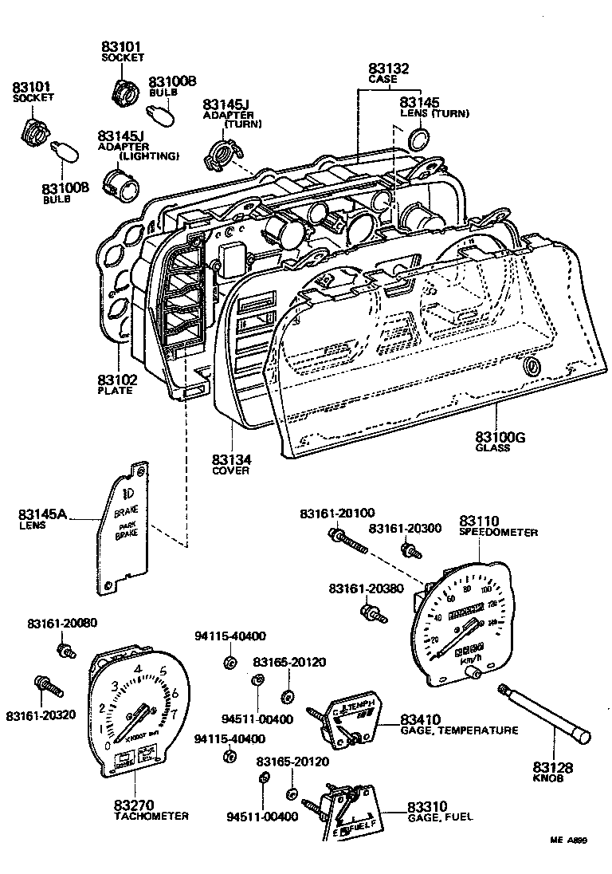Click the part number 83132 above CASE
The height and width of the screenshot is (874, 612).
pyautogui.click(x=388, y=69)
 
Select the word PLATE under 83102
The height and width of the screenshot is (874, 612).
pyautogui.click(x=115, y=391)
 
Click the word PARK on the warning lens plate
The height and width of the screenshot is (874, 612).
pyautogui.click(x=127, y=526)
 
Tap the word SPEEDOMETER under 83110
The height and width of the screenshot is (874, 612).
pyautogui.click(x=498, y=532)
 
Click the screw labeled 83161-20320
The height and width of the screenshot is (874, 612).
pyautogui.click(x=45, y=685)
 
